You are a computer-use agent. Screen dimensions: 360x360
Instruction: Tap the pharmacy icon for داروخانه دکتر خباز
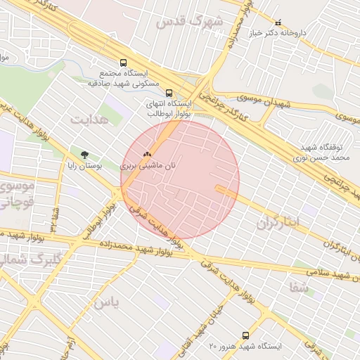tap(278, 22)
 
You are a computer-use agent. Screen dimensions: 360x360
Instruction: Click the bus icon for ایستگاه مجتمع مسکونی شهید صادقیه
tap(124, 62)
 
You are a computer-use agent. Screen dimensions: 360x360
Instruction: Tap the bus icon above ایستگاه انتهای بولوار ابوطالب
tap(168, 92)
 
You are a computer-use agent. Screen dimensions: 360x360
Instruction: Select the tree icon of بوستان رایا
tap(85, 155)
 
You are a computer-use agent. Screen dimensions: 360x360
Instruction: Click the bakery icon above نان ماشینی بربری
tap(147, 153)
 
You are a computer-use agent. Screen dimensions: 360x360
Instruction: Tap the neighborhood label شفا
tap(298, 286)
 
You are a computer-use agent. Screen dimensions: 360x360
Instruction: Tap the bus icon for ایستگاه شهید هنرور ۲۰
tap(245, 335)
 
